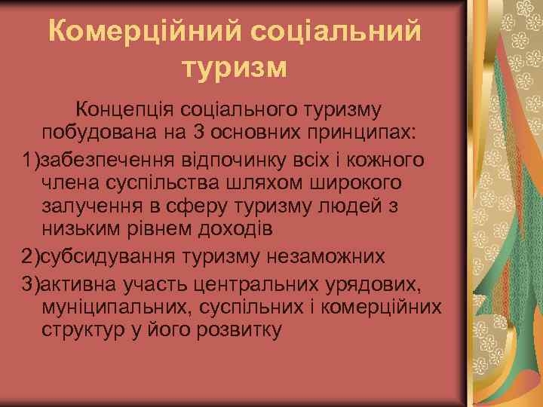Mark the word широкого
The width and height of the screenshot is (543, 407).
pyautogui.click(x=348, y=185)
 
